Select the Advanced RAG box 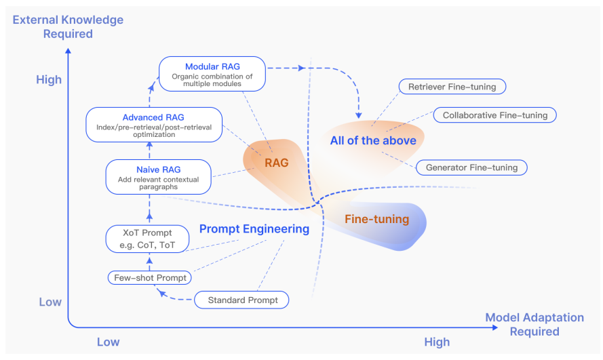click(154, 124)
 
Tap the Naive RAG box click(158, 176)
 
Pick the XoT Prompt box click(147, 239)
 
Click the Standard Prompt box click(242, 300)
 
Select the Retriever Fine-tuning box click(452, 87)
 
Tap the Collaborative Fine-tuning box click(494, 115)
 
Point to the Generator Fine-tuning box click(471, 167)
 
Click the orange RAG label click(277, 163)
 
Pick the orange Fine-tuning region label click(376, 219)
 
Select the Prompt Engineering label click(254, 229)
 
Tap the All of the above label click(373, 141)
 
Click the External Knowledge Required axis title click(68, 26)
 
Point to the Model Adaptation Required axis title click(534, 324)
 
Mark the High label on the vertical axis click(48, 80)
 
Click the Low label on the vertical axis click(50, 302)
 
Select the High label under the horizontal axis click(436, 342)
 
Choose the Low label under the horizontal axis click(108, 342)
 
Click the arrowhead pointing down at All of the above click(359, 114)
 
